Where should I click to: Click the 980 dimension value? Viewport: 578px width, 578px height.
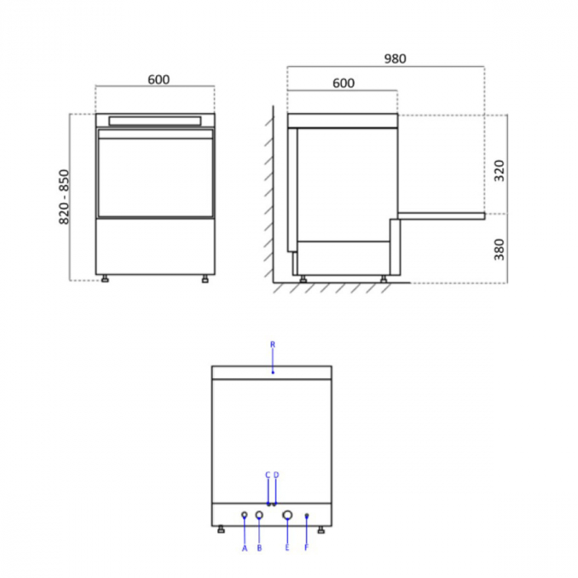click(396, 59)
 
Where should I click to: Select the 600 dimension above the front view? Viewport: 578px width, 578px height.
click(159, 79)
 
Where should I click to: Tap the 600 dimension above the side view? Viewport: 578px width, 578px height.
click(343, 83)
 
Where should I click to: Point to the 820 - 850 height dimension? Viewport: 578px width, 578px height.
click(64, 197)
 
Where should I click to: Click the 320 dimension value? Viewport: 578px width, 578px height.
click(499, 170)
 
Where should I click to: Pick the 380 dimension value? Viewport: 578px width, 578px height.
click(499, 249)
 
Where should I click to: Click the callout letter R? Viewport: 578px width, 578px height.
click(272, 344)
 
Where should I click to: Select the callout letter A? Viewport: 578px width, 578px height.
click(244, 549)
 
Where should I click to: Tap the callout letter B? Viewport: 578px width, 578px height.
click(259, 548)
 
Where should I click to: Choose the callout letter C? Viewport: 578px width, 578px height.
click(268, 475)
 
